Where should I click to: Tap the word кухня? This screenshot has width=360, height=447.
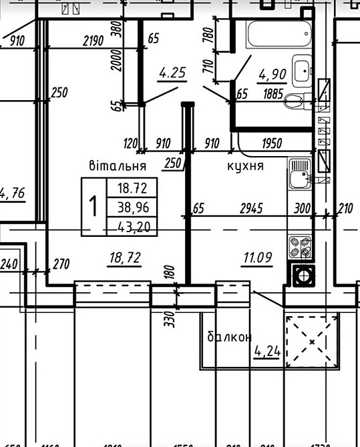click(x=245, y=165)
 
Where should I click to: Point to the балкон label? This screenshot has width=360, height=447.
click(x=228, y=337)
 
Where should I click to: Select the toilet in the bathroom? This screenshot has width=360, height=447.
click(x=294, y=101)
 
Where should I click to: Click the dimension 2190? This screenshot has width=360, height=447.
click(x=93, y=41)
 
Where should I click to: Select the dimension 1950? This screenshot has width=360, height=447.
click(x=272, y=143)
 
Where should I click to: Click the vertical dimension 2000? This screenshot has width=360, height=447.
click(x=118, y=65)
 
